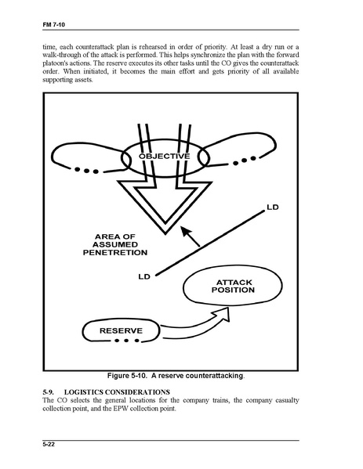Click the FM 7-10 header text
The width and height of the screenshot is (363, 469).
[x=53, y=24]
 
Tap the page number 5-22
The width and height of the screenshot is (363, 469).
[x=49, y=445]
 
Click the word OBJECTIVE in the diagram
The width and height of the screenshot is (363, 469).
[x=165, y=156]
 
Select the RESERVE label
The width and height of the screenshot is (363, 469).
[x=121, y=331]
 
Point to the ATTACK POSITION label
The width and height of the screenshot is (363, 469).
[x=233, y=287]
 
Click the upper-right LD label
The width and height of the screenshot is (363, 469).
[x=273, y=207]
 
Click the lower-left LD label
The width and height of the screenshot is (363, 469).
[x=144, y=276]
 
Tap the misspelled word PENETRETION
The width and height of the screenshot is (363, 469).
[x=115, y=253]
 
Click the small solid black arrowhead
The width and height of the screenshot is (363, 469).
[x=187, y=232]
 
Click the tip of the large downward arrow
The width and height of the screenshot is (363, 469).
[x=165, y=234]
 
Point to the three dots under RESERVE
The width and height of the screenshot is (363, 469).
[x=127, y=341]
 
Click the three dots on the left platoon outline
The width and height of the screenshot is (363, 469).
[x=86, y=171]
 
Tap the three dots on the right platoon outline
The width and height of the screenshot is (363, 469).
[x=245, y=161]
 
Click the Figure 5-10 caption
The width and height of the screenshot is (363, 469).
[x=176, y=376]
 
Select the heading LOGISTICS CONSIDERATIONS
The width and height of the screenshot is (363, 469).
[x=117, y=392]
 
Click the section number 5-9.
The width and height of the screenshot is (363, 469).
[x=49, y=392]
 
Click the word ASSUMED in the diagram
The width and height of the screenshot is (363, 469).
[x=115, y=244]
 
